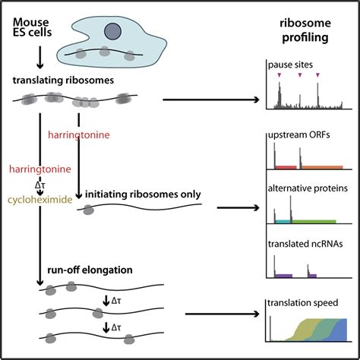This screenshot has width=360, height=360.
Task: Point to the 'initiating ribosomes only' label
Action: pyautogui.click(x=144, y=194)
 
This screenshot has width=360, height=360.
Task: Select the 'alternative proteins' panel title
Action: pyautogui.click(x=305, y=186)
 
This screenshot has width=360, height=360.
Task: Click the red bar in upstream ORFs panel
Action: pyautogui.click(x=285, y=166)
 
